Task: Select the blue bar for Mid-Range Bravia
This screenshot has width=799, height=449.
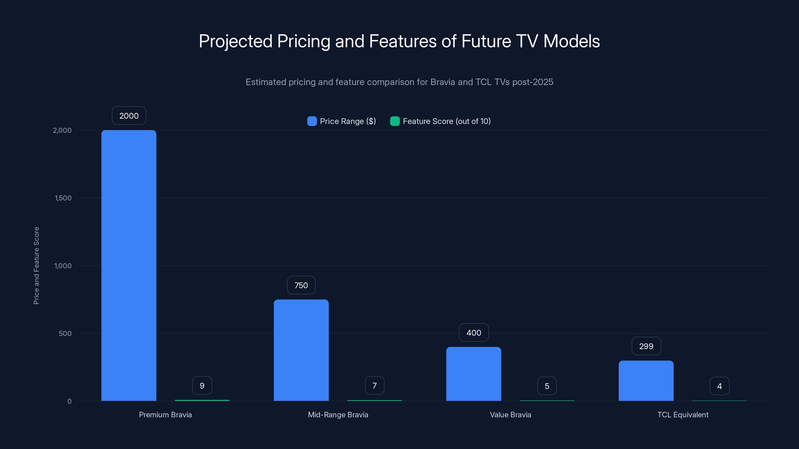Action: click(x=301, y=350)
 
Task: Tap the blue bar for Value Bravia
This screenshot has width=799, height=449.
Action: click(x=474, y=374)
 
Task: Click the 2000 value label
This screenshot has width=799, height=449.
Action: click(x=129, y=115)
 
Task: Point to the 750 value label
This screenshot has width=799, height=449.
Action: click(x=301, y=285)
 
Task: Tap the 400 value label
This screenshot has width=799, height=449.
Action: click(x=474, y=333)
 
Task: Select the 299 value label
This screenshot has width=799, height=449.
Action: click(x=646, y=346)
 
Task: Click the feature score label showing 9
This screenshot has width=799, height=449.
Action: click(x=202, y=385)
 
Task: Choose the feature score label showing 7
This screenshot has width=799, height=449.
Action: click(x=374, y=385)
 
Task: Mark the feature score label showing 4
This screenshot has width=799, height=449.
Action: click(x=719, y=386)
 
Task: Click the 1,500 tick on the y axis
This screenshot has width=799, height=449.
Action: click(x=63, y=198)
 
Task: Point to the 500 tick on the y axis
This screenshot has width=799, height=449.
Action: click(x=65, y=334)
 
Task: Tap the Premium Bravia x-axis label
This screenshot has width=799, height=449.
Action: click(x=165, y=415)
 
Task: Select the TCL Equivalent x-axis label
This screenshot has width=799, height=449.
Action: click(x=683, y=415)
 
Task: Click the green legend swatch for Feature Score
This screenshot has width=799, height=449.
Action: click(x=395, y=121)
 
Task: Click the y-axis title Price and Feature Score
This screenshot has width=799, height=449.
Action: click(x=36, y=266)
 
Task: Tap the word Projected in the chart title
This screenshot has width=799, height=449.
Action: click(x=235, y=41)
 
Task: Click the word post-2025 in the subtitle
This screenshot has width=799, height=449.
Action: click(x=533, y=82)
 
